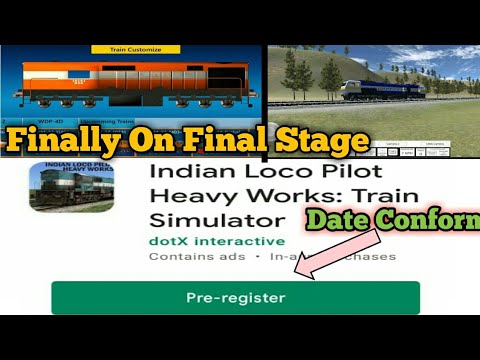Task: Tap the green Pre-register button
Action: [235, 298]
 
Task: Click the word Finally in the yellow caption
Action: [62, 140]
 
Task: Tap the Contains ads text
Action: [184, 257]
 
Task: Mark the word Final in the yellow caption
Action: [225, 140]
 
